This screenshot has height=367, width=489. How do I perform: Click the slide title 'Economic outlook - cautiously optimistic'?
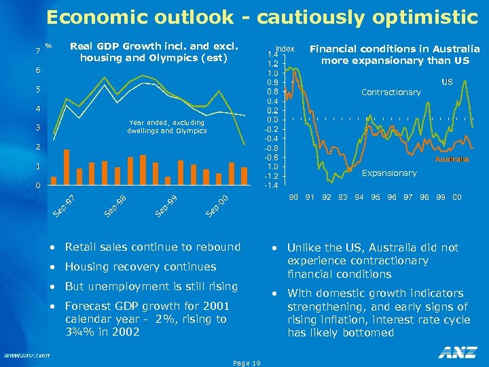[x=262, y=18]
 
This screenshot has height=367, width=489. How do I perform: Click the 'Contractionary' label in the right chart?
[x=391, y=92]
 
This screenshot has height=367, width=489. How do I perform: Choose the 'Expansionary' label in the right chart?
[x=389, y=173]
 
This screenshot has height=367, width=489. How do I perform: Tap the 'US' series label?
[x=447, y=82]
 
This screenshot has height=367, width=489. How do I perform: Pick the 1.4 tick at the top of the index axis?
[x=272, y=54]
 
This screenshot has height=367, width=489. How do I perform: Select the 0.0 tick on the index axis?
[x=272, y=120]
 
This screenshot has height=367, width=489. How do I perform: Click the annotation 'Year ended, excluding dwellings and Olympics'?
[x=166, y=126]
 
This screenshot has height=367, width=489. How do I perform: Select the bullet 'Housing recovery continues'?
[x=141, y=266]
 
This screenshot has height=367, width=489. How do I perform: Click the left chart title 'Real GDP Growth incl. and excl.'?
[x=154, y=47]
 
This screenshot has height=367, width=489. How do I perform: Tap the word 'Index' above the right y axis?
[x=286, y=48]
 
